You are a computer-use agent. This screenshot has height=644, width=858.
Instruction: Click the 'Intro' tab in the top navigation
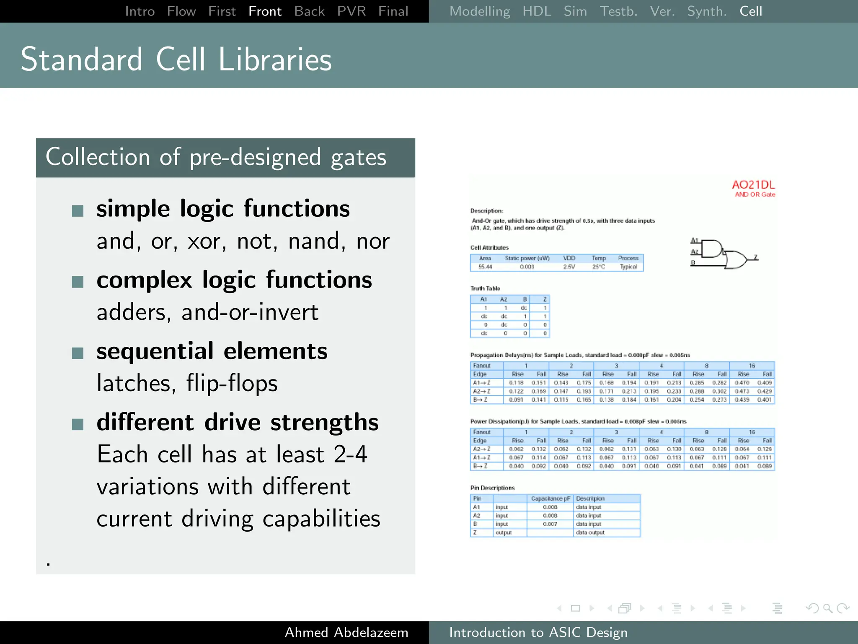(140, 11)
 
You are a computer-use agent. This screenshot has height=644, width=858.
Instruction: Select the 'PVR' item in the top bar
(351, 11)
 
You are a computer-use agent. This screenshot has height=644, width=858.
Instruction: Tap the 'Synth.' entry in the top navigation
(707, 11)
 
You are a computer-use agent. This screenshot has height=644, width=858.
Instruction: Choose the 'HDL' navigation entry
(537, 11)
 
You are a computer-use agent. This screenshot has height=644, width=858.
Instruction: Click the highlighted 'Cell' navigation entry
(750, 11)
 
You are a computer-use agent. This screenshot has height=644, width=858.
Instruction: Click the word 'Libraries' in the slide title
(275, 60)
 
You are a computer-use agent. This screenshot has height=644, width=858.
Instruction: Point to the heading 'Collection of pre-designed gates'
(216, 157)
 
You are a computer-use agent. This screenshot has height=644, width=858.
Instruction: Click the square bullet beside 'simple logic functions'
(78, 210)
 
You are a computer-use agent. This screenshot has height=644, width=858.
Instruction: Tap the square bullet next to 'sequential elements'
(78, 353)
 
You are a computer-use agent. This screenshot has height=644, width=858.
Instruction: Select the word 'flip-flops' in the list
(232, 383)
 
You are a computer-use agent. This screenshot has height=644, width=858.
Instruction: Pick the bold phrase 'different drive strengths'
(237, 422)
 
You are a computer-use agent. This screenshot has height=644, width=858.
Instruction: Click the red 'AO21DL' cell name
(753, 185)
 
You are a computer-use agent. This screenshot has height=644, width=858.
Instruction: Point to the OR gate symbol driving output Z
(735, 260)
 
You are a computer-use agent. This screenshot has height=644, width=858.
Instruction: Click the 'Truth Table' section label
(485, 288)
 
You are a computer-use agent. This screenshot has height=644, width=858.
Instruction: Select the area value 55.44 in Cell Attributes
(485, 267)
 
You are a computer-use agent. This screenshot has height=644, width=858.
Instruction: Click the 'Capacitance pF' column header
(550, 499)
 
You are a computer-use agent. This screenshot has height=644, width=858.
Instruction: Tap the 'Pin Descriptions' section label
(492, 488)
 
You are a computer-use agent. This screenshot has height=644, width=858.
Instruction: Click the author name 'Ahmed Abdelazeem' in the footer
(346, 632)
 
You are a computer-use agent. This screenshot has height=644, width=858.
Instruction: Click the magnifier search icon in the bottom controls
(827, 608)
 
